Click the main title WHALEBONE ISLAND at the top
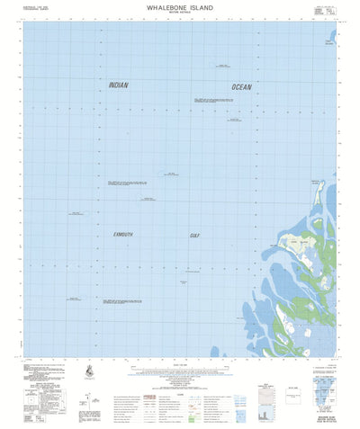181,6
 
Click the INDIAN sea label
118,85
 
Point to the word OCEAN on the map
242,86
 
